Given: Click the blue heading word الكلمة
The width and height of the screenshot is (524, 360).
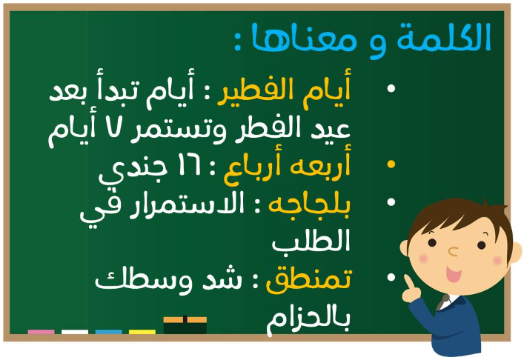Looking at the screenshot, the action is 443,37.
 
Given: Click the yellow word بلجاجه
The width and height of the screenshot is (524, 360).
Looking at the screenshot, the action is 309,205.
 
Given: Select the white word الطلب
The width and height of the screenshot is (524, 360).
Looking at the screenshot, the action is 311,241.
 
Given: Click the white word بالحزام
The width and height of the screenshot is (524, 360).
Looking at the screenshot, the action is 308,319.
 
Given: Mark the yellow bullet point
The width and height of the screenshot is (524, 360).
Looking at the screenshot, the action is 391,164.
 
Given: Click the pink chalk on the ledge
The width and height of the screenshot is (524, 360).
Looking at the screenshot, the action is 41,332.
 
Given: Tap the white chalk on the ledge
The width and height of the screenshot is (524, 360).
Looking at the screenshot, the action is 75,332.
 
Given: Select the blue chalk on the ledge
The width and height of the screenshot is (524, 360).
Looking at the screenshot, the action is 109,332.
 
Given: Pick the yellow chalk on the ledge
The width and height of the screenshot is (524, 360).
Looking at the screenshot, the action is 142,332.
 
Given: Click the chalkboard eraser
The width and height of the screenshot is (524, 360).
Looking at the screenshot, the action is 185,324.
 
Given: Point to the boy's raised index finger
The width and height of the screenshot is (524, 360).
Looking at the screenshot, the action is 408,282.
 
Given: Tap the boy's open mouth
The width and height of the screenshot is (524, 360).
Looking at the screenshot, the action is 454,274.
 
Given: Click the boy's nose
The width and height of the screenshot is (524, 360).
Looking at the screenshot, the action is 453,251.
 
